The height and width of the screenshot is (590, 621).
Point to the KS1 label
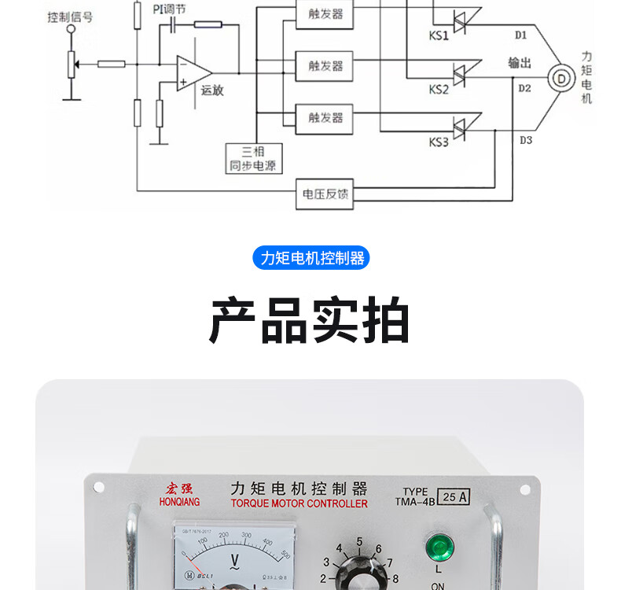[x=439, y=36]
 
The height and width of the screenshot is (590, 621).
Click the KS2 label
[x=439, y=90]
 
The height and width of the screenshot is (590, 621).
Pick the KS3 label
[x=439, y=142]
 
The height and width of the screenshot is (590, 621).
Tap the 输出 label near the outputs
[x=520, y=63]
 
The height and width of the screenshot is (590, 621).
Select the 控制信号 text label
[x=69, y=15]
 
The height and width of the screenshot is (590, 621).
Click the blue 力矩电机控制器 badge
[x=310, y=258]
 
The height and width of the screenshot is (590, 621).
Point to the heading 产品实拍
[x=310, y=321]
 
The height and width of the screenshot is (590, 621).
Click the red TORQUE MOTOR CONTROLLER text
[x=299, y=503]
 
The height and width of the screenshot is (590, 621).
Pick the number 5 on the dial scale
[x=359, y=542]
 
